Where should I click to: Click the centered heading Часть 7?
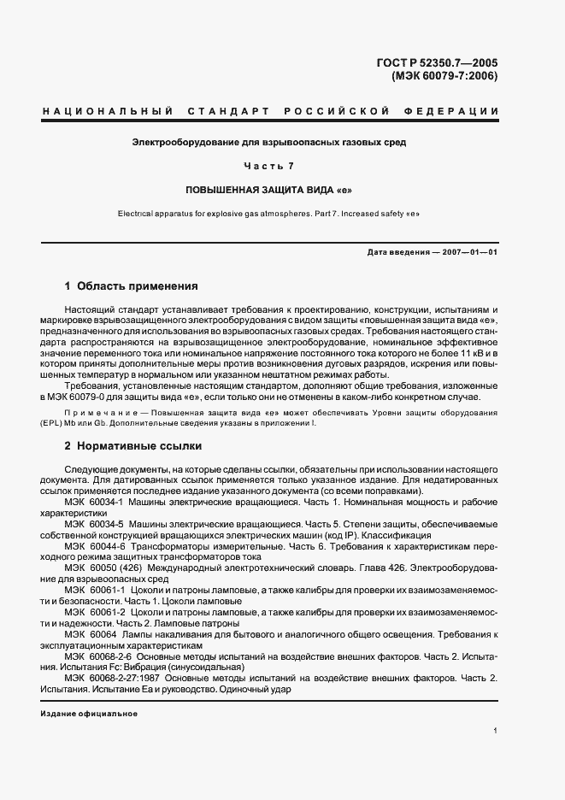pyautogui.click(x=268, y=166)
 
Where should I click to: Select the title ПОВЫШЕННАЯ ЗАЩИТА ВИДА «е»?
pyautogui.click(x=268, y=190)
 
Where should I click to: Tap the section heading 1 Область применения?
pyautogui.click(x=132, y=285)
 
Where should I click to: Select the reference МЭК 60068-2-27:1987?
pyautogui.click(x=109, y=678)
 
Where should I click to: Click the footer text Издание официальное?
pyautogui.click(x=89, y=714)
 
